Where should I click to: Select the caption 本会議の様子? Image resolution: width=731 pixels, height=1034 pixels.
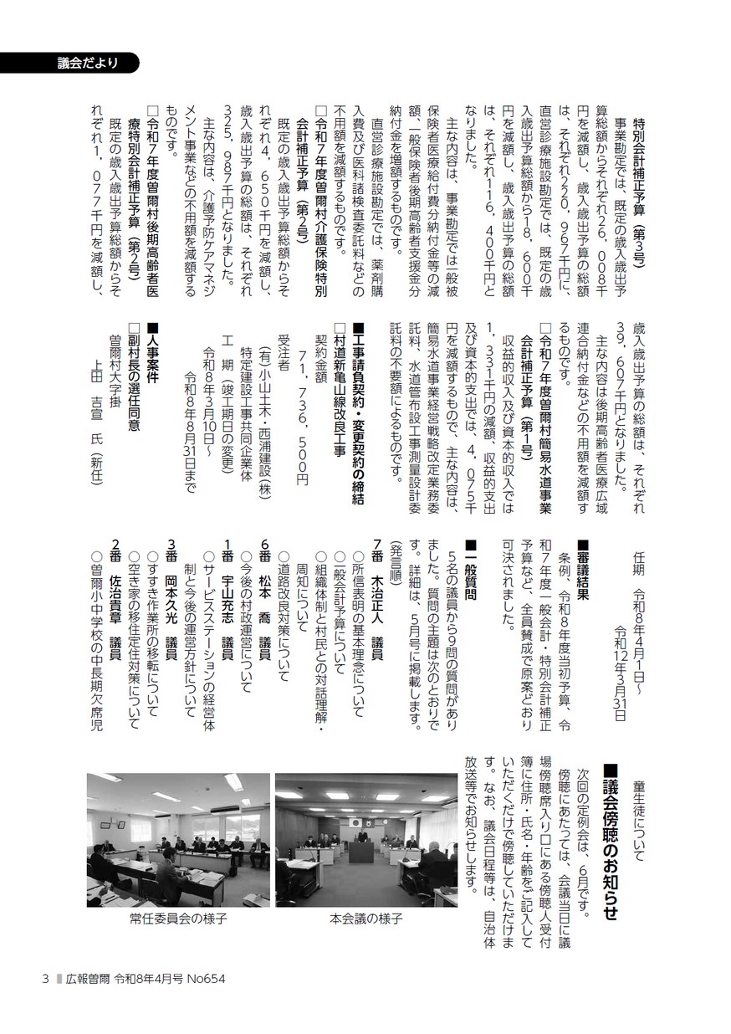[x=366, y=918]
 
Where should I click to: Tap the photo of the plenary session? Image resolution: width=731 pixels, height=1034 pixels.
[x=366, y=840]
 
